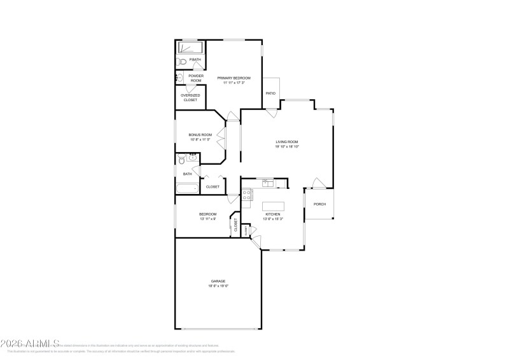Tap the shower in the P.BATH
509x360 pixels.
pyautogui.click(x=190, y=48)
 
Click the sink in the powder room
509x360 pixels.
pyautogui.click(x=179, y=78)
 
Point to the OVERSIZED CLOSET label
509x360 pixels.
pyautogui.click(x=189, y=97)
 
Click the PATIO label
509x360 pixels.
pyautogui.click(x=270, y=93)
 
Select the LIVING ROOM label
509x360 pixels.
pyautogui.click(x=287, y=141)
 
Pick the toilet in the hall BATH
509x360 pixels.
pyautogui.click(x=181, y=160)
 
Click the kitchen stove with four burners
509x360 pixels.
pyautogui.click(x=248, y=195)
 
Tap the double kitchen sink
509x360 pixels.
pyautogui.click(x=268, y=184)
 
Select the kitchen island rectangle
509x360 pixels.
pyautogui.click(x=273, y=205)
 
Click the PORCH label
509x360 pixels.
pyautogui.click(x=319, y=204)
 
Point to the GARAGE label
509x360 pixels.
pyautogui.click(x=218, y=280)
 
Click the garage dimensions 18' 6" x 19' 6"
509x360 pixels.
pyautogui.click(x=218, y=286)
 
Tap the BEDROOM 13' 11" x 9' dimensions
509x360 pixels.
pyautogui.click(x=207, y=219)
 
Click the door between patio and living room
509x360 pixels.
pyautogui.click(x=272, y=112)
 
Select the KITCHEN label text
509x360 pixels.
pyautogui.click(x=272, y=214)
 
